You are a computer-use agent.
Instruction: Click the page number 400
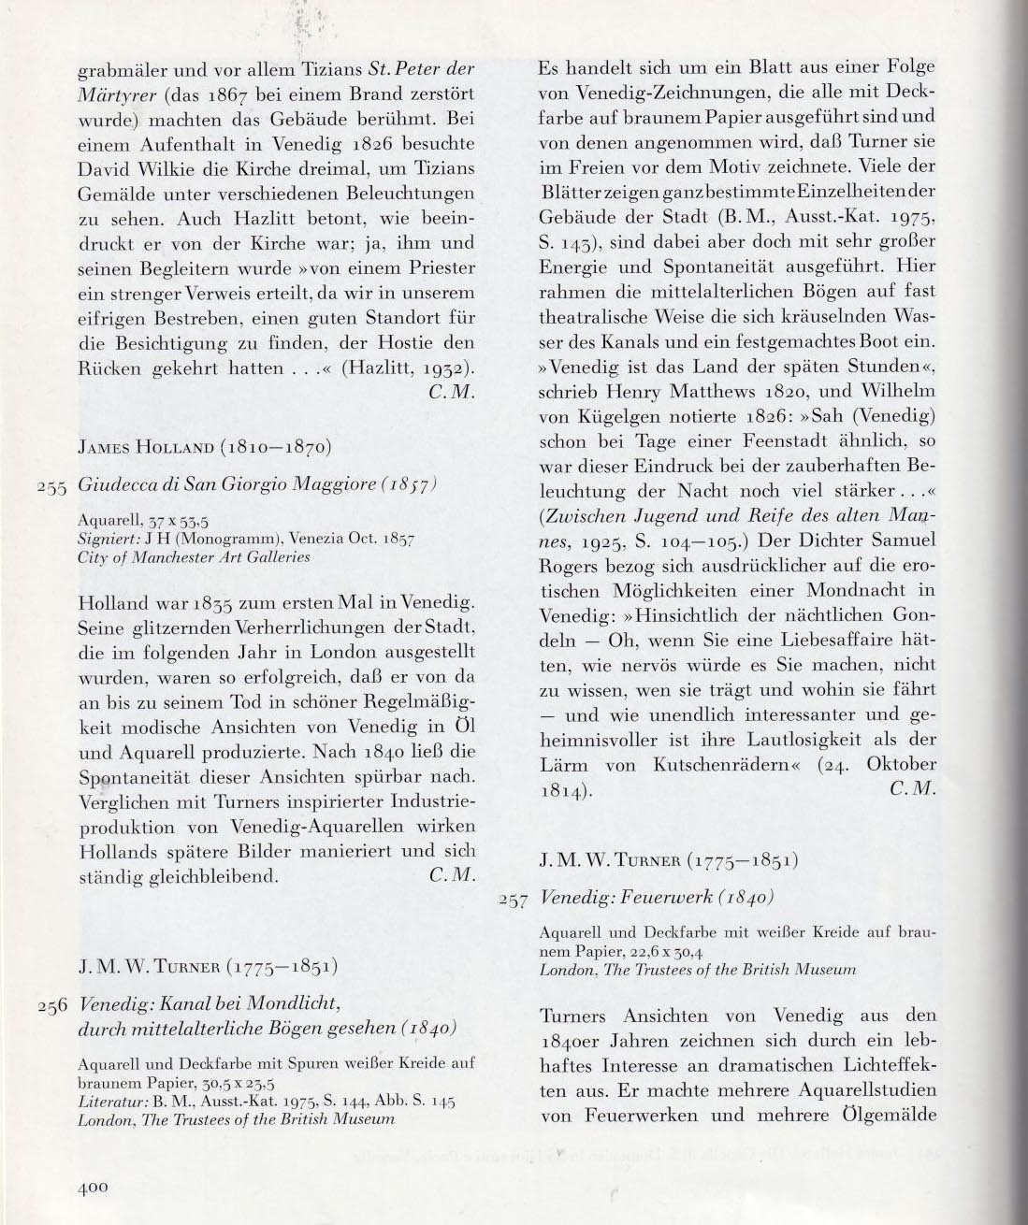tap(95, 1188)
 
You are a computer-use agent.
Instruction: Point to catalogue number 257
tap(514, 899)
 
